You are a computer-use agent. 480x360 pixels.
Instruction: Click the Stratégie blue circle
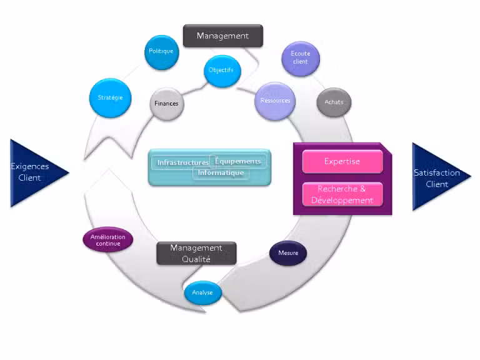[x=110, y=97]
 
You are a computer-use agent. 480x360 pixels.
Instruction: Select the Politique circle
[x=161, y=51]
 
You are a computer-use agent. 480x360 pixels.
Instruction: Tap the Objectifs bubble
[x=221, y=70]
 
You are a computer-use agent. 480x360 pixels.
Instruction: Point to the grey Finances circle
[x=166, y=104]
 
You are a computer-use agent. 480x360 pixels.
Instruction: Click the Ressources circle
[x=275, y=101]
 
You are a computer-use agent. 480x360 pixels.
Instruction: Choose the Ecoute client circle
[x=300, y=58]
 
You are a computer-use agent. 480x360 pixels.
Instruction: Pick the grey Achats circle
[x=334, y=102]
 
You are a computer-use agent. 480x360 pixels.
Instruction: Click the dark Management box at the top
[x=222, y=36]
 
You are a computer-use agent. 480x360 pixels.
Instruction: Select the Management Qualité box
[x=196, y=253]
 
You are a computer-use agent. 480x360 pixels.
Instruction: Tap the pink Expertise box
[x=342, y=161]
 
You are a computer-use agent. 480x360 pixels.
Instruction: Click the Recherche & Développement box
[x=342, y=194]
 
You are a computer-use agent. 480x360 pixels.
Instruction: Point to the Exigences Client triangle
[x=34, y=172]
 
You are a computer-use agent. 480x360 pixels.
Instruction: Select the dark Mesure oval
[x=288, y=253]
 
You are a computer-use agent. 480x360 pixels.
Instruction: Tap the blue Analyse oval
[x=202, y=292]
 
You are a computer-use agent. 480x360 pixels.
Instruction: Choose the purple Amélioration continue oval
[x=107, y=240]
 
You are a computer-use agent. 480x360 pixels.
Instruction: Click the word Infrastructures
[x=182, y=162]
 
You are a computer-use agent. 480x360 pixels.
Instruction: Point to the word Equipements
[x=237, y=161]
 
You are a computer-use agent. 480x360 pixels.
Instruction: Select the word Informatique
[x=221, y=172]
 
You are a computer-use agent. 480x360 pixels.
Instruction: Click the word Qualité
[x=196, y=259]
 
